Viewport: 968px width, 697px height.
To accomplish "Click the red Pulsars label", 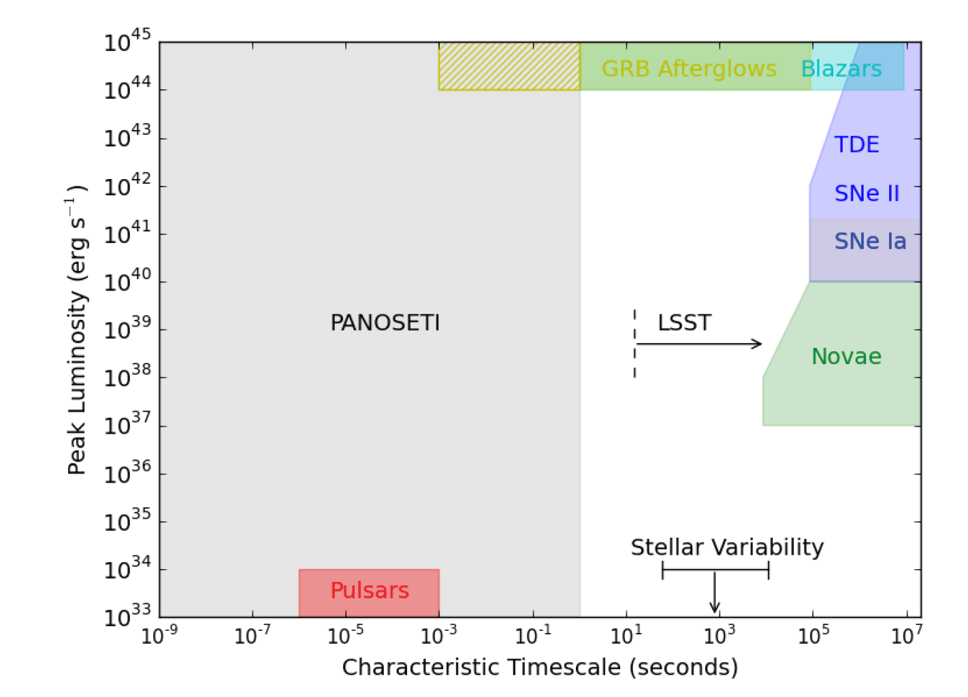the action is pos(370,590).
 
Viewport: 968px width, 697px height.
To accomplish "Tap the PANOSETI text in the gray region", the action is pos(385,323).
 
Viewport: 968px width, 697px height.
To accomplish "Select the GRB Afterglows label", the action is pos(689,69).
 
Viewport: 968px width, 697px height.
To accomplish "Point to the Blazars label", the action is pos(841,69).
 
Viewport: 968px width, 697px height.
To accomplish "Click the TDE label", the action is pos(856,144).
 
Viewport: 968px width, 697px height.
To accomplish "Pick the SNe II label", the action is pos(867,193).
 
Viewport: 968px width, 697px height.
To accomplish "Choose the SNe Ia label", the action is pos(871,241).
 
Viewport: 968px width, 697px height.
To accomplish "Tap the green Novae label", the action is pos(847,357).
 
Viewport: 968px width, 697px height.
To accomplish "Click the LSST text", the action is pos(685,323).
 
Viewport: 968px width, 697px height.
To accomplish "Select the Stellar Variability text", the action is pos(727,547).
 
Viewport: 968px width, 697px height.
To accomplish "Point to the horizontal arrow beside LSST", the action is pos(699,344).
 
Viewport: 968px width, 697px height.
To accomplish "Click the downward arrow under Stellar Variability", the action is pos(715,592).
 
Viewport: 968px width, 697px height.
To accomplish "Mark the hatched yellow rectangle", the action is pos(509,66).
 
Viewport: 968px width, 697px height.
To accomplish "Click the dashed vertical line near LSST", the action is pos(635,344).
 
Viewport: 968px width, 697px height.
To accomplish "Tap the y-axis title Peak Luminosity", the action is pos(77,330).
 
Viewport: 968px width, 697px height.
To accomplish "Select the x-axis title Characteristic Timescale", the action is pos(540,667).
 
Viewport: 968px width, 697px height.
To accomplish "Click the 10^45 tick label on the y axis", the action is pos(128,41).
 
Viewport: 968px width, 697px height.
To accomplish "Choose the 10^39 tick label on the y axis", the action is pos(128,328).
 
